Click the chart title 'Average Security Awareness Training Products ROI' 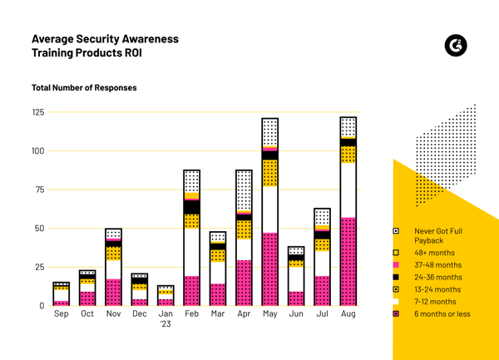point(104,46)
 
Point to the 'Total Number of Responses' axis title point(84,87)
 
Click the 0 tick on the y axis point(41,306)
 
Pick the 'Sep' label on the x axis point(62,317)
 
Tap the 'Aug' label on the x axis point(348,317)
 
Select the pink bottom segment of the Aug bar point(348,262)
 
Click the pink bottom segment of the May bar point(269,269)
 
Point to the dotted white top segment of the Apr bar point(244,191)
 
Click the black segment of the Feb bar point(191,207)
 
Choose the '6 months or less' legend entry point(441,314)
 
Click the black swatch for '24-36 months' point(396,277)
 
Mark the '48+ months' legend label point(433,253)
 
